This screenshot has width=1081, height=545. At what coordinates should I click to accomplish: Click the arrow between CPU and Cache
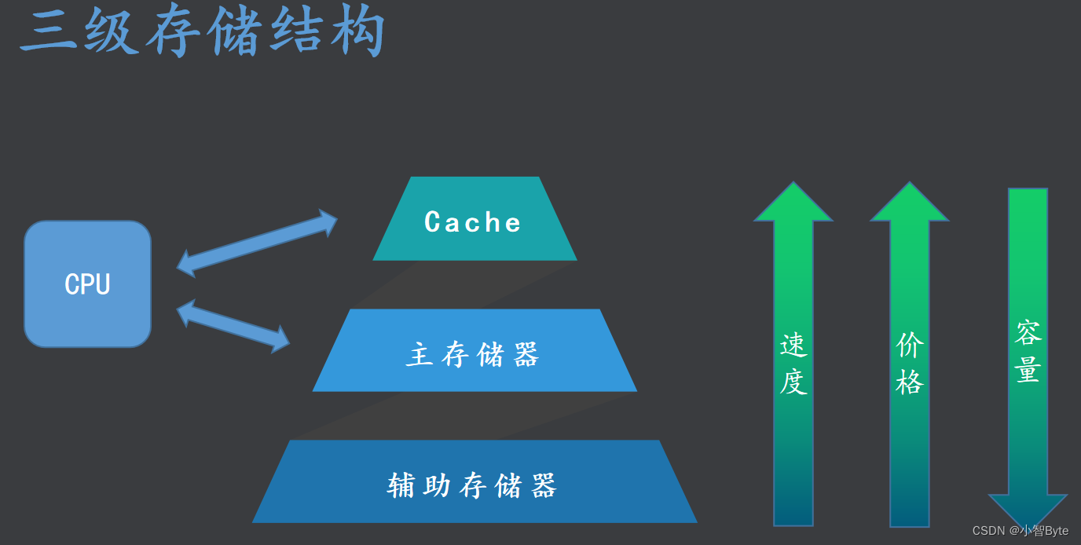(257, 242)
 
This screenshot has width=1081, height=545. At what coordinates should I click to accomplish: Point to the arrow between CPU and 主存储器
(233, 325)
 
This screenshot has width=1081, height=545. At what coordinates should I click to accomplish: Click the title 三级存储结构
(203, 33)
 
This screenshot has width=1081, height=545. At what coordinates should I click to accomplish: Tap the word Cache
(473, 222)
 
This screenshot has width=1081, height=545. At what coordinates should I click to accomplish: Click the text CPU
(87, 284)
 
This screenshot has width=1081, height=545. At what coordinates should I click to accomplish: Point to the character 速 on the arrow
(793, 346)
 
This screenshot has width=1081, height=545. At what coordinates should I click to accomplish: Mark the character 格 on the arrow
(910, 382)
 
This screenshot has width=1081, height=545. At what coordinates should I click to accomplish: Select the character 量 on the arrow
(1028, 370)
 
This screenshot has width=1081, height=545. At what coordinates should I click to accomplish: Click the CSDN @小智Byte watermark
(1020, 531)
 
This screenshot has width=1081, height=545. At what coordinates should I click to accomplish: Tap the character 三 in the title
(48, 33)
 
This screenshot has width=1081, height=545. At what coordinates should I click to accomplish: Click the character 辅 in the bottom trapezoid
(401, 486)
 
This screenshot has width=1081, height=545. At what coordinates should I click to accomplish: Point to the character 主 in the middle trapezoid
(420, 356)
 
